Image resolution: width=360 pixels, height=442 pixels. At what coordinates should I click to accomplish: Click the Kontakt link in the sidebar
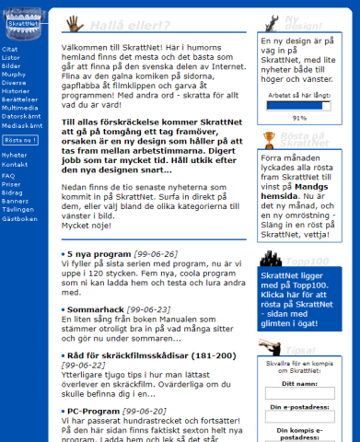(x=14, y=163)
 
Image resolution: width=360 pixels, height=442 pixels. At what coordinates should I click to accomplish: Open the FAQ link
(x=8, y=175)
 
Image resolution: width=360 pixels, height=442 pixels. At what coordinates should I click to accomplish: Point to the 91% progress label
(x=298, y=118)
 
